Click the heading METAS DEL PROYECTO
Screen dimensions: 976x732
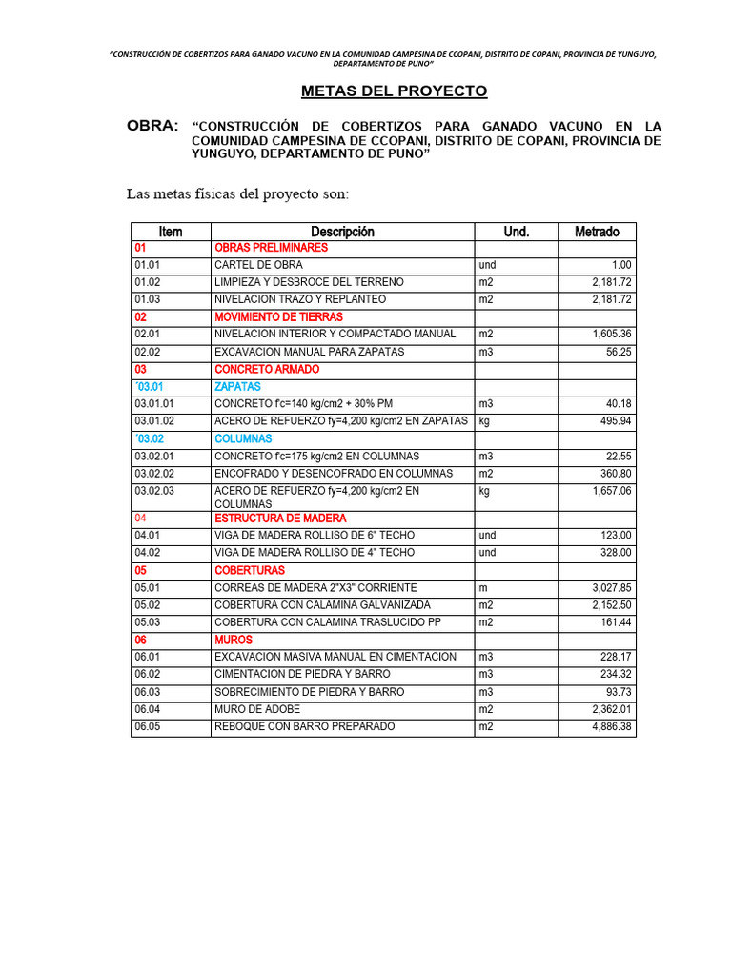tap(394, 91)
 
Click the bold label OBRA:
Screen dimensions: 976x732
tap(152, 126)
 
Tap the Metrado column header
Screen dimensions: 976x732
tap(597, 232)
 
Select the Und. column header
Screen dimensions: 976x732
tap(516, 232)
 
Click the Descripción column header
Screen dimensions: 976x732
tap(342, 232)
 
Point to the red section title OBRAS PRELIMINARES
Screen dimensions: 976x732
tap(271, 248)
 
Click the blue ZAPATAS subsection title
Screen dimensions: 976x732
tap(237, 387)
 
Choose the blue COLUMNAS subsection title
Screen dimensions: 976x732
tap(243, 438)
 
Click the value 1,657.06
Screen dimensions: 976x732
tap(612, 491)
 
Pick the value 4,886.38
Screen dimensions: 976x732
tap(612, 726)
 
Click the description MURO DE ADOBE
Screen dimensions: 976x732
tap(256, 709)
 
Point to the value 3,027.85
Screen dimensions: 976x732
tap(612, 588)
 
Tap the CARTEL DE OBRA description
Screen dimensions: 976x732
tap(258, 265)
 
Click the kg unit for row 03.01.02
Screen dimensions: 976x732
tap(484, 421)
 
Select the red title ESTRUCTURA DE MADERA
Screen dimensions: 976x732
tap(279, 518)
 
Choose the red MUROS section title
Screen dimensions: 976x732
tap(233, 640)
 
